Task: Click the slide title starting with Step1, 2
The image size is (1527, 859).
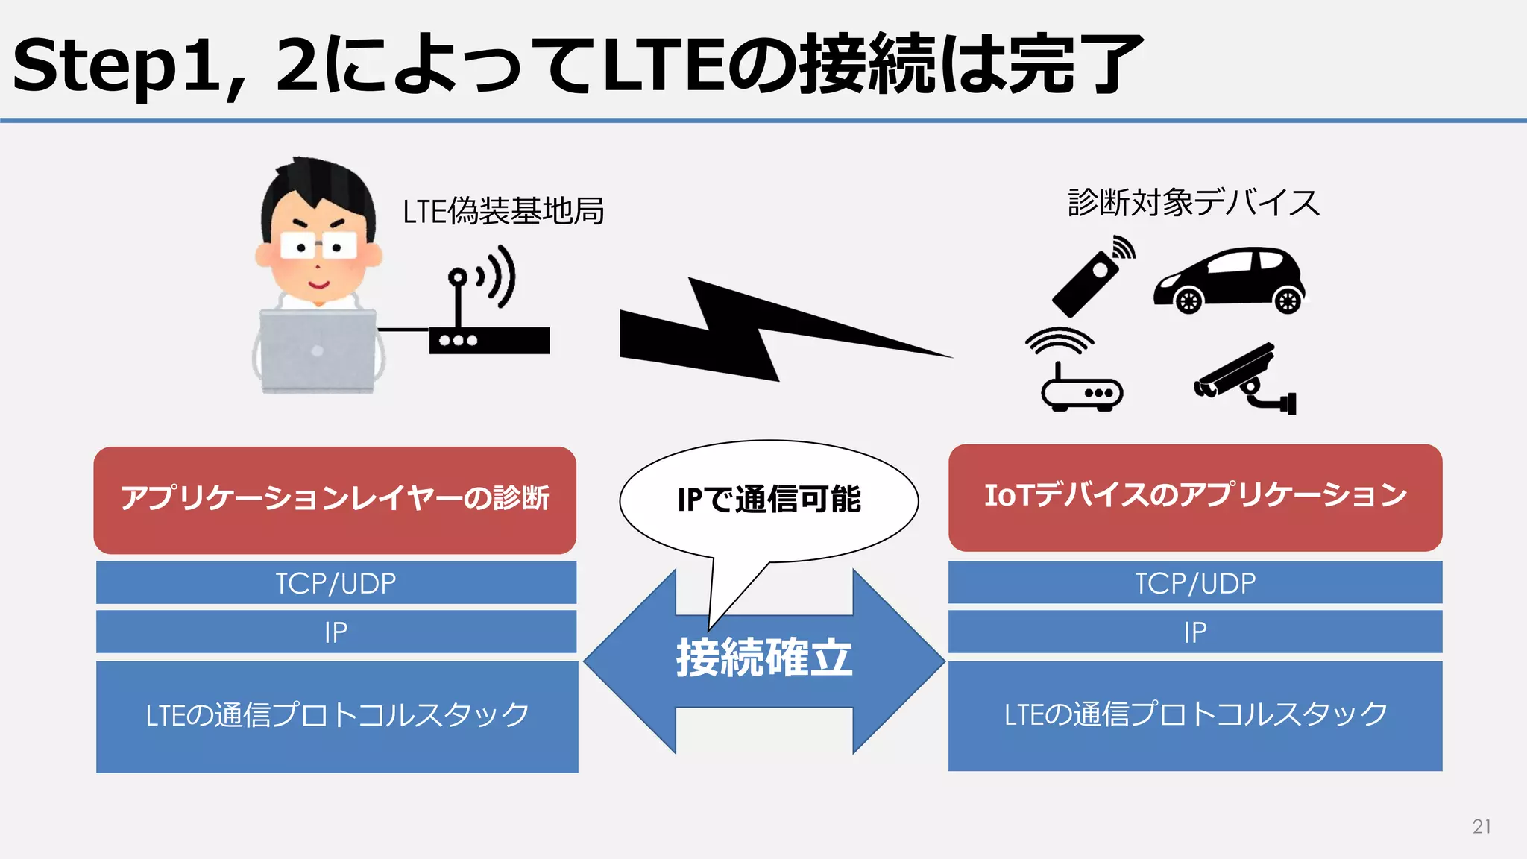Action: pos(578,66)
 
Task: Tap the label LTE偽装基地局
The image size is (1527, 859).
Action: pos(503,211)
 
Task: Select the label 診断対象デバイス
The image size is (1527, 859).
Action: pos(1194,203)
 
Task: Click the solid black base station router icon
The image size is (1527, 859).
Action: pos(489,339)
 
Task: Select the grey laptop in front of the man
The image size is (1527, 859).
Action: pos(318,350)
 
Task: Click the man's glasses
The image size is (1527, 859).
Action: pos(318,245)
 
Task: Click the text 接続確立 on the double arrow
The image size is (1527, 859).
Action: pos(764,658)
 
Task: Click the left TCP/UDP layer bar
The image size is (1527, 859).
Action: pos(336,583)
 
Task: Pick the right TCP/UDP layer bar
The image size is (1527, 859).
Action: pos(1195,582)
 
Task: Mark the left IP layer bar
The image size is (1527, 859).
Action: pos(336,632)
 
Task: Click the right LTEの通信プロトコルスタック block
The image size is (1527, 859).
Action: pos(1195,715)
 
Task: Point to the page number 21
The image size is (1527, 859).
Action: pos(1482,826)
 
